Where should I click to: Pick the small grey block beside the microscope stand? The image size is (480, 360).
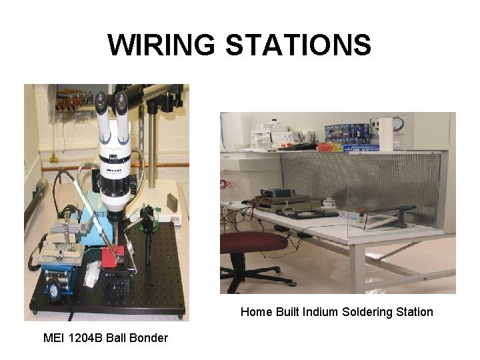click(173, 201)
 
